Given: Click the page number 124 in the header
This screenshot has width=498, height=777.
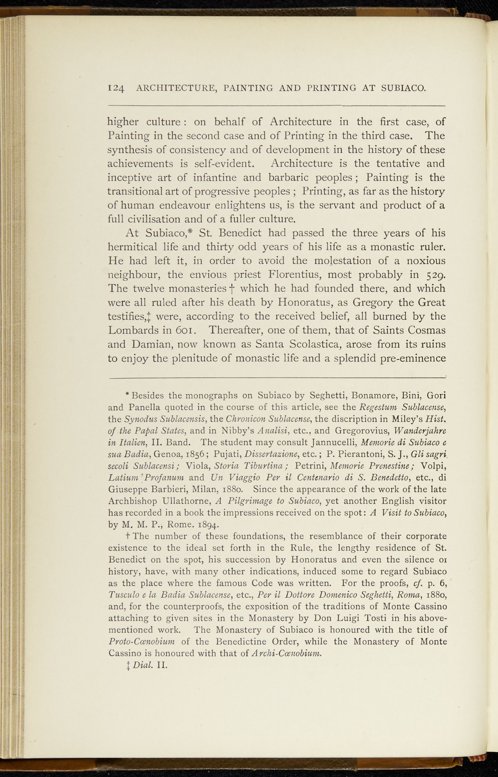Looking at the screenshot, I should tap(116, 89).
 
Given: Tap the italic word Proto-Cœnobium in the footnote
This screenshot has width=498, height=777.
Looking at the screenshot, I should tap(141, 642).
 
